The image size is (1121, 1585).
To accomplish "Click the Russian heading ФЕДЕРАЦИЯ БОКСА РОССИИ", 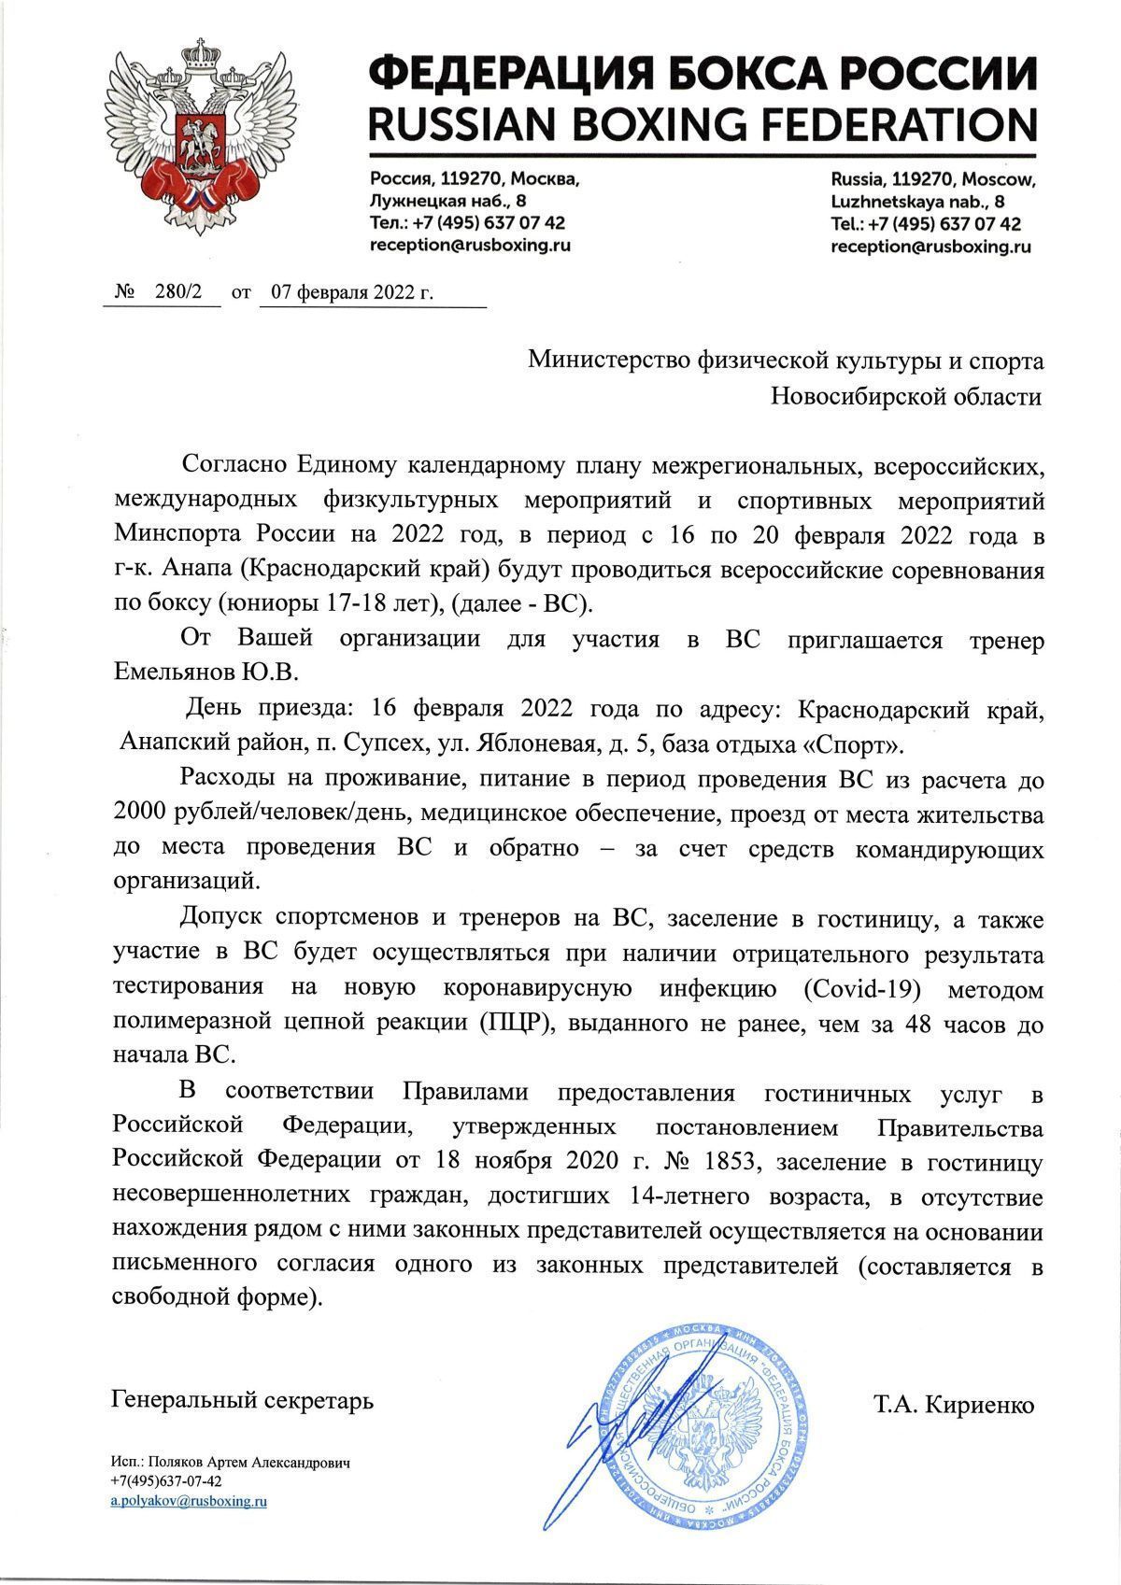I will coord(702,72).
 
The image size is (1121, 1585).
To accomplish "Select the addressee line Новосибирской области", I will coord(906,396).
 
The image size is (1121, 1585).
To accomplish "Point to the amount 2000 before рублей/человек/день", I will coord(140,814).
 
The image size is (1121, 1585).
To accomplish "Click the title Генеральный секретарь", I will coord(242,1400).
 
